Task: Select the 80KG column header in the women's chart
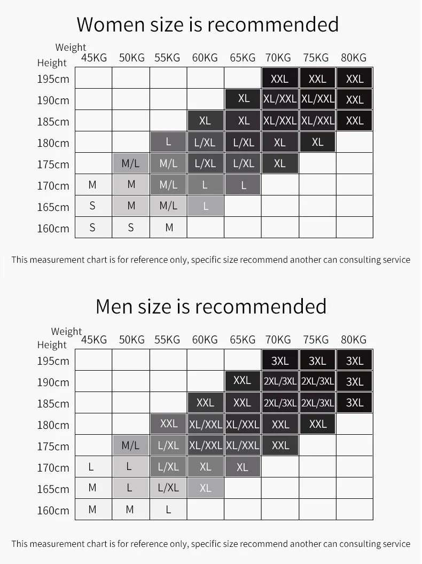click(x=354, y=58)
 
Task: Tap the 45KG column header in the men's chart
click(x=94, y=340)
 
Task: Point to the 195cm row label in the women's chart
click(x=53, y=79)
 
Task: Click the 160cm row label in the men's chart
click(x=53, y=511)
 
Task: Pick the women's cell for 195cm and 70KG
click(x=280, y=79)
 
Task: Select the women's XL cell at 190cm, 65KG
click(x=244, y=99)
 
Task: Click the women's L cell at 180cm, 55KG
click(x=168, y=142)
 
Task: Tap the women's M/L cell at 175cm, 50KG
click(x=131, y=163)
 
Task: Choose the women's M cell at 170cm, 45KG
click(x=93, y=185)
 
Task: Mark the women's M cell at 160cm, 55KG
click(x=169, y=228)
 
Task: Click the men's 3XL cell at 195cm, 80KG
click(x=355, y=361)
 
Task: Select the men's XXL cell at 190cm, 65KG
click(x=242, y=381)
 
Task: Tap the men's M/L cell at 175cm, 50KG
click(x=131, y=445)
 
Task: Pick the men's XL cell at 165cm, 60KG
click(x=206, y=488)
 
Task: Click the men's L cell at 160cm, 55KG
click(x=168, y=510)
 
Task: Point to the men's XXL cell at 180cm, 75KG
click(x=318, y=424)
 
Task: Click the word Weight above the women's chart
click(x=71, y=48)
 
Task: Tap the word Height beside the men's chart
click(x=52, y=345)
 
